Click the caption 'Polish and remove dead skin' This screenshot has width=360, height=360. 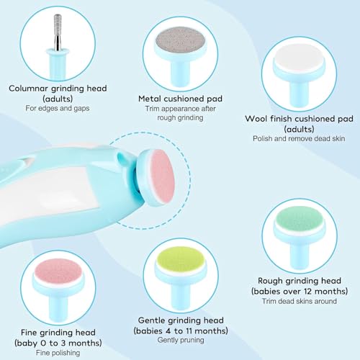(x=299, y=137)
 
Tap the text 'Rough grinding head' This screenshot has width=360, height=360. (x=303, y=280)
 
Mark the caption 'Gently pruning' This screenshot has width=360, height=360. (x=179, y=340)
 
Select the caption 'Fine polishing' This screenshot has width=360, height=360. (x=55, y=353)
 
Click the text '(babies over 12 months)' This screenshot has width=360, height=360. (x=303, y=292)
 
